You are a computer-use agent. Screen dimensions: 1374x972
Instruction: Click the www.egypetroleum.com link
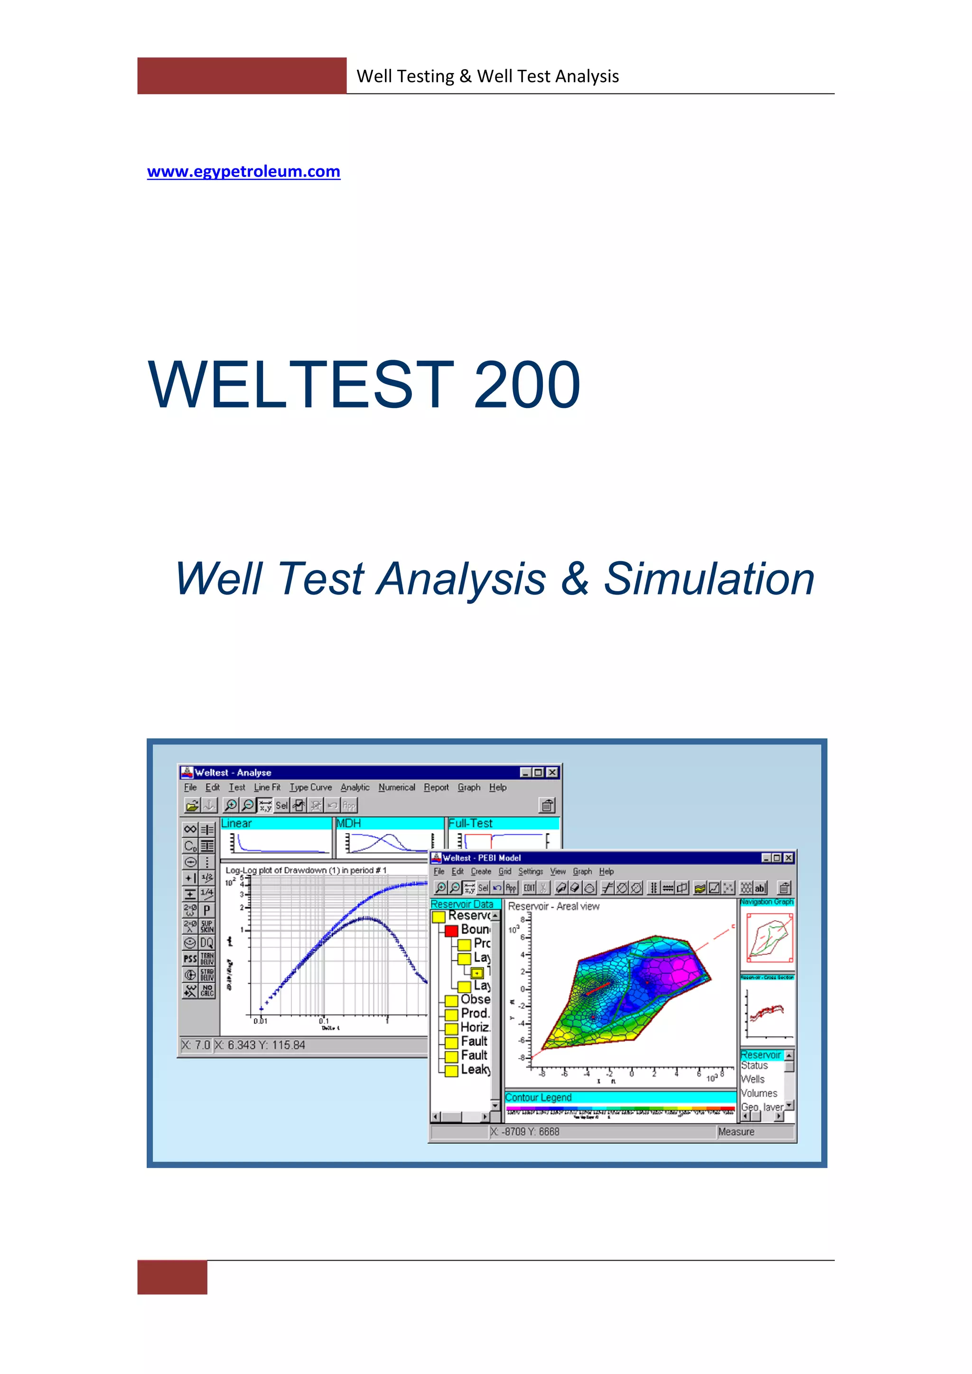243,172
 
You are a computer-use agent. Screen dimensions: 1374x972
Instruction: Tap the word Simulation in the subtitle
709,579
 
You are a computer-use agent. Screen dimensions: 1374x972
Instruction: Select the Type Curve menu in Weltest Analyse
311,788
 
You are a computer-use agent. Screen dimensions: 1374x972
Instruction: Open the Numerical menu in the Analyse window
396,788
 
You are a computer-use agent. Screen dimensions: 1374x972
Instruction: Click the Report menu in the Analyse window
436,788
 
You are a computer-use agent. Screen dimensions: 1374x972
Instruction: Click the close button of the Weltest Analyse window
552,772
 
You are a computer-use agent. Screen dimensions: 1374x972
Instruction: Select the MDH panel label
349,824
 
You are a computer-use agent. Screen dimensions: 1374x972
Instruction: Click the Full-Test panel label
470,824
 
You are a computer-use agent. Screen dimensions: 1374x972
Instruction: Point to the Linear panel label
236,824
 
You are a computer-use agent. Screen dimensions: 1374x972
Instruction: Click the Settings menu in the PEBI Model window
530,871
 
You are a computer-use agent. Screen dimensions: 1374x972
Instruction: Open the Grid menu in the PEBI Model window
505,871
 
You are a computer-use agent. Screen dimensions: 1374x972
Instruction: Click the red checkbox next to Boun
451,930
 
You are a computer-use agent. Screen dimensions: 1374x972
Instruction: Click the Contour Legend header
538,1097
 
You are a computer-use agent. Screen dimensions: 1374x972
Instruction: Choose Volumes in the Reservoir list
759,1093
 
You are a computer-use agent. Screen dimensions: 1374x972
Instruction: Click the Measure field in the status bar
736,1132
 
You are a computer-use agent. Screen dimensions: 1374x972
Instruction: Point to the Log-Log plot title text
306,870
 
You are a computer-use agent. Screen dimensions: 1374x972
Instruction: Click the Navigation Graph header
766,902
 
